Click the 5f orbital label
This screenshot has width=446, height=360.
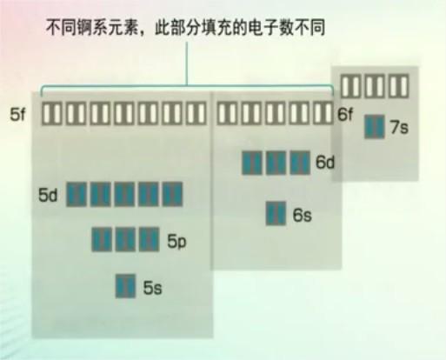click(x=17, y=114)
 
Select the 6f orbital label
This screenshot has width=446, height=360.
click(x=345, y=114)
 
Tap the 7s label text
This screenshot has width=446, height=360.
click(x=399, y=127)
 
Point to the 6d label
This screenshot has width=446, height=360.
click(x=325, y=163)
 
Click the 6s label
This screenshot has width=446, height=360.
click(x=303, y=216)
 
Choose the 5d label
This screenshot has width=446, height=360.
click(x=48, y=195)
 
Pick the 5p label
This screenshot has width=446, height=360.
click(x=176, y=241)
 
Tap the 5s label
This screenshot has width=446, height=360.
click(x=152, y=288)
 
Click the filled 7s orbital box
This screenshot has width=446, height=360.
click(x=375, y=127)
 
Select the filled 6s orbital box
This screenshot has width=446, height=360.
click(x=276, y=213)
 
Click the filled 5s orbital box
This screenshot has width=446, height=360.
click(x=125, y=286)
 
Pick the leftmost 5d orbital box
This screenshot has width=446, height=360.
click(x=77, y=194)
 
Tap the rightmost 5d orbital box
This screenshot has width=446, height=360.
click(x=172, y=194)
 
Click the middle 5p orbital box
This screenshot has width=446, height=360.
click(x=125, y=239)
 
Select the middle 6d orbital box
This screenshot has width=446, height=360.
click(x=276, y=163)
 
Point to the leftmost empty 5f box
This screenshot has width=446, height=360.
click(x=52, y=113)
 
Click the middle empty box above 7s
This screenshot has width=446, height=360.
click(x=375, y=86)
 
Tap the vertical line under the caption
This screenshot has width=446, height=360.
click(x=187, y=63)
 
